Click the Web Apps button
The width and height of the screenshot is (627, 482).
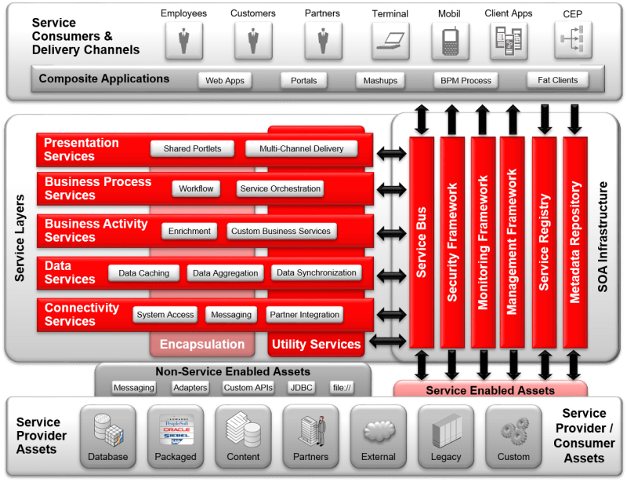225,80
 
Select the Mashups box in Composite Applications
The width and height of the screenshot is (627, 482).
380,80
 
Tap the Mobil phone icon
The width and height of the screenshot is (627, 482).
450,40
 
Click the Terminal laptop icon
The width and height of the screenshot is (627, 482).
390,40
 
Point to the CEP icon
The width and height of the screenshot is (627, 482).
573,40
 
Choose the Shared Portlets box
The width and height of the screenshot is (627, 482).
192,148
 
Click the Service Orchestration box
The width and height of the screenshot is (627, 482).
280,188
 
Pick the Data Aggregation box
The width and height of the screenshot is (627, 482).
226,273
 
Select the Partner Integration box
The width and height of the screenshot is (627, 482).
305,315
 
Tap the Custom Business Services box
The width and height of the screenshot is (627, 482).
281,231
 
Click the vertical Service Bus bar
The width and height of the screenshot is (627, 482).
422,243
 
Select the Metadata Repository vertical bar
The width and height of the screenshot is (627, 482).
575,243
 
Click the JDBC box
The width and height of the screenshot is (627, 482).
301,388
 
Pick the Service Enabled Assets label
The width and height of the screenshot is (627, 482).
490,390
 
